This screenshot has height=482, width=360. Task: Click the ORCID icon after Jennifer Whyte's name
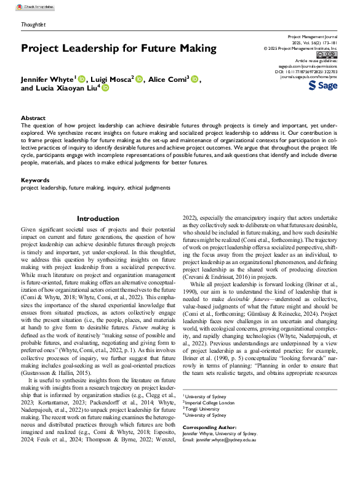click(82, 79)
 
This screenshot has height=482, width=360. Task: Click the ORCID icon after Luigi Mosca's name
click(138, 79)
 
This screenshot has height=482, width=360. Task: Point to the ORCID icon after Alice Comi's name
click(195, 79)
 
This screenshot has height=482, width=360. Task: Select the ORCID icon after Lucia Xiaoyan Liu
click(105, 89)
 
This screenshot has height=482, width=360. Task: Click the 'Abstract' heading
click(33, 118)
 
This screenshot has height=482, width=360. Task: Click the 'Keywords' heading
click(35, 180)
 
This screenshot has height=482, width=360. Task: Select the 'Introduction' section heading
click(98, 219)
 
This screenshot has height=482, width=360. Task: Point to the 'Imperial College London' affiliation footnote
click(211, 402)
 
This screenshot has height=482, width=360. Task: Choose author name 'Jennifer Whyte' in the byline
click(47, 79)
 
